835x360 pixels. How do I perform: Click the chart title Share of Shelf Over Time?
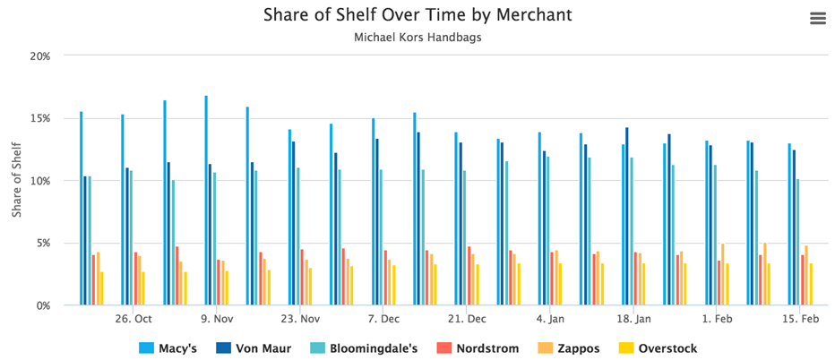click(x=417, y=15)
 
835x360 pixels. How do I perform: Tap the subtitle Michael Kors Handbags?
click(x=417, y=39)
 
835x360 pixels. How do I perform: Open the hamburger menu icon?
click(x=817, y=19)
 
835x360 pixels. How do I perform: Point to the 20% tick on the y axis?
click(x=39, y=56)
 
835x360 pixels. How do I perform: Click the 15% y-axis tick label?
click(x=39, y=118)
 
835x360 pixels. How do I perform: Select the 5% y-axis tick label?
click(x=42, y=243)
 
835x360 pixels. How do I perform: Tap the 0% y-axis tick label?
click(x=42, y=305)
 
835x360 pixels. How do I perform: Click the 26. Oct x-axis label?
click(x=133, y=320)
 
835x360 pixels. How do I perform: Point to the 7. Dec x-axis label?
click(x=383, y=320)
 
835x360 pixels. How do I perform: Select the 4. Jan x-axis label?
click(x=550, y=320)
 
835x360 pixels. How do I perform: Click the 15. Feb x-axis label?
click(x=800, y=320)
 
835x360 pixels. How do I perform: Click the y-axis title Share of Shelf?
click(x=17, y=181)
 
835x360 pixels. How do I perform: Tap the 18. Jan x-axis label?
click(x=633, y=320)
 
